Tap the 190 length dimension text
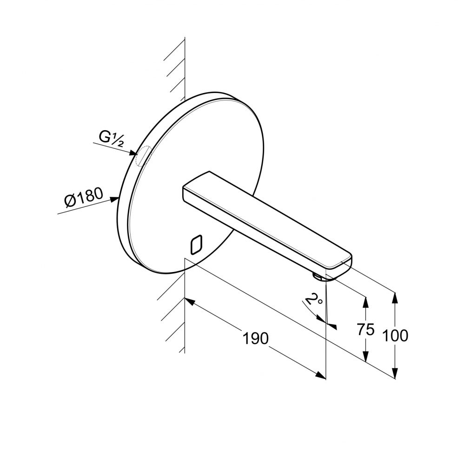256,338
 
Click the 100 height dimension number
395,336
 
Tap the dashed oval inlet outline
143,156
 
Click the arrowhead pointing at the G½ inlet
133,153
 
